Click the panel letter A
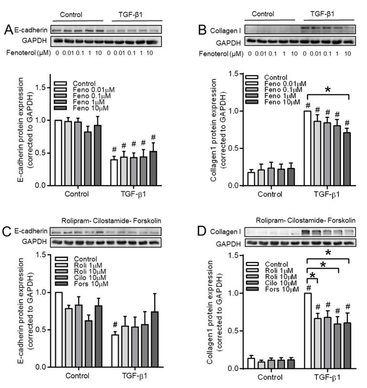[x=8, y=30]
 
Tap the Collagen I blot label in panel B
[x=223, y=31]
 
